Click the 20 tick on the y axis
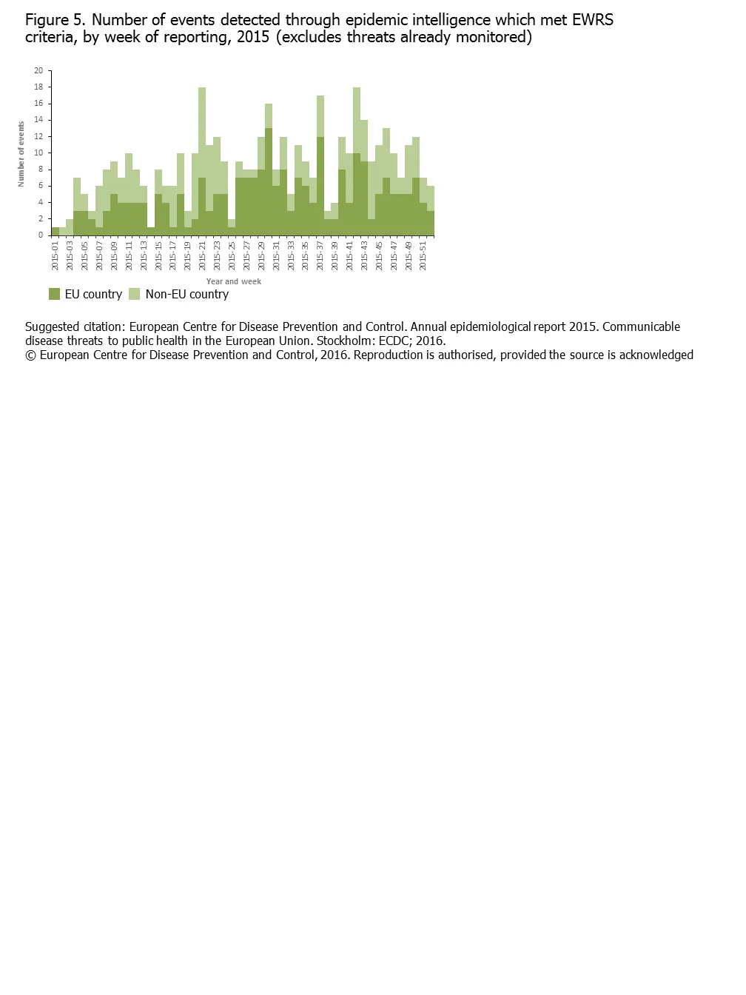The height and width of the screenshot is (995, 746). point(38,71)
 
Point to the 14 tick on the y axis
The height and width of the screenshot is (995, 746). point(38,120)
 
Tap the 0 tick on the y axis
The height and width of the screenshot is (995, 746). point(41,235)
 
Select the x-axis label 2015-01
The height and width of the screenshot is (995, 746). point(56,255)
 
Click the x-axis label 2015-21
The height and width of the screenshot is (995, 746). point(202,255)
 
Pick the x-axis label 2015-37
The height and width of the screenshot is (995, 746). point(320,255)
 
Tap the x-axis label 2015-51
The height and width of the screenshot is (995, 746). point(423,255)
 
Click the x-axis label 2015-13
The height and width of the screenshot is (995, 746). point(144,255)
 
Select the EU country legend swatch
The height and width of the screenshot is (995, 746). point(54,294)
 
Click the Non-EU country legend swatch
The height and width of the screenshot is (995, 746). point(134,294)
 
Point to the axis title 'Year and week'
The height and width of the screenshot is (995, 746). point(233,281)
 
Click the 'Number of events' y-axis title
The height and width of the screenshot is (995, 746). point(21,154)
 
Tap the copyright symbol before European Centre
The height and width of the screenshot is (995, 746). point(30,355)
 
